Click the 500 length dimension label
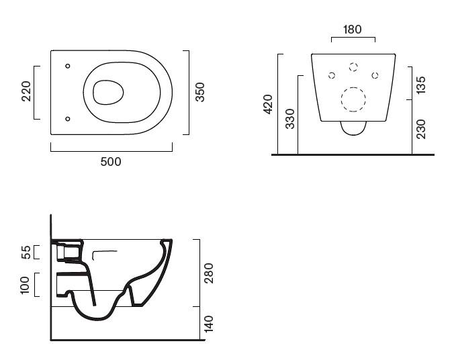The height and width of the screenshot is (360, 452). point(111,162)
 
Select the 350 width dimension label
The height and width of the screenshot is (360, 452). point(199,92)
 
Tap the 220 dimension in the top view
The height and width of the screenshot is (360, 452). point(26,91)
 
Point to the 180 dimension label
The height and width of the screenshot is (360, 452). point(353,30)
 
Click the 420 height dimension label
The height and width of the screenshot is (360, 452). point(267,104)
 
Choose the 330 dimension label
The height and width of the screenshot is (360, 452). point(289,118)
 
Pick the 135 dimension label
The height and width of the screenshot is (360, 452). point(420,84)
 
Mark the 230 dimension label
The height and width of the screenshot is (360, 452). point(420,128)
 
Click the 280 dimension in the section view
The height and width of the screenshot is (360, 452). point(208,273)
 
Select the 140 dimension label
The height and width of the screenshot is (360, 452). point(208,324)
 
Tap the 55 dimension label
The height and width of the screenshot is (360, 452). point(26,252)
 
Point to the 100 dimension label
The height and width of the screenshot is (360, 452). point(26,284)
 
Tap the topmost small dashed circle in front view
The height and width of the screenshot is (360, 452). point(353,66)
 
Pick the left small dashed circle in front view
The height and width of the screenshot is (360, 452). point(331,75)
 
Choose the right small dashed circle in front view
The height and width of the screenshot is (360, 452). point(375,75)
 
